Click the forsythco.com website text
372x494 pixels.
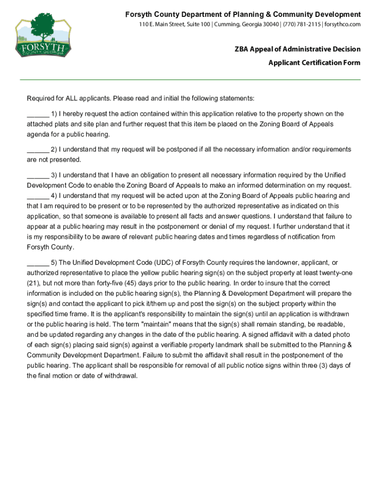pyautogui.click(x=343, y=25)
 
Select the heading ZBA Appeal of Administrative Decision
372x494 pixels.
pyautogui.click(x=297, y=49)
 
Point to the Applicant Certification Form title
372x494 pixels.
pyautogui.click(x=315, y=63)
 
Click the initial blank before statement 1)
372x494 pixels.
pyautogui.click(x=38, y=114)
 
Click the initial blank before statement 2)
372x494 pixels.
pyautogui.click(x=38, y=150)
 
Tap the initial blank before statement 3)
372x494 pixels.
pyautogui.click(x=38, y=175)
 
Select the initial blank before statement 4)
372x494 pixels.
pyautogui.click(x=38, y=196)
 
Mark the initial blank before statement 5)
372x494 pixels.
pyautogui.click(x=38, y=263)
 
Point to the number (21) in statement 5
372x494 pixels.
pyautogui.click(x=33, y=283)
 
